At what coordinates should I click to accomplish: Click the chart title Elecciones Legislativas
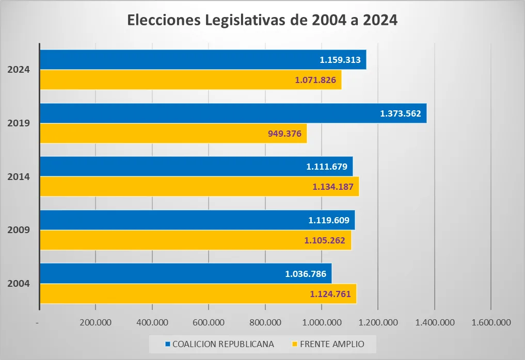point(262,21)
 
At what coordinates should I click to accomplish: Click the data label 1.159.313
point(340,60)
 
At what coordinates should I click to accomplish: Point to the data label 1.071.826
point(315,80)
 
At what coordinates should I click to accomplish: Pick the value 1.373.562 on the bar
point(401,113)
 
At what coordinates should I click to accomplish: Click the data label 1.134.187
point(333,187)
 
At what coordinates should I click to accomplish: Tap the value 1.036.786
point(306,273)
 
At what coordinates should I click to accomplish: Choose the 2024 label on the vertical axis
point(19,70)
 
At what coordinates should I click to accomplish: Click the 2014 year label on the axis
point(19,176)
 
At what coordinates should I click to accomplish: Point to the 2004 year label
point(19,283)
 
